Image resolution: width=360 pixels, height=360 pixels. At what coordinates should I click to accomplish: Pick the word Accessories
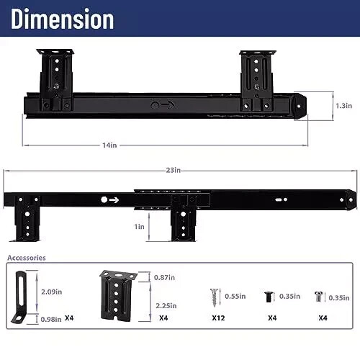click(27, 258)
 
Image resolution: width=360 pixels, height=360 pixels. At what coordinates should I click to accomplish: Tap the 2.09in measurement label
click(50, 292)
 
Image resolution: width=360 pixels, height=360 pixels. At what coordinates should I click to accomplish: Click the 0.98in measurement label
click(50, 319)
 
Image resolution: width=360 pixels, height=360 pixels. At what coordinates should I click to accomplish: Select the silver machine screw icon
click(318, 295)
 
